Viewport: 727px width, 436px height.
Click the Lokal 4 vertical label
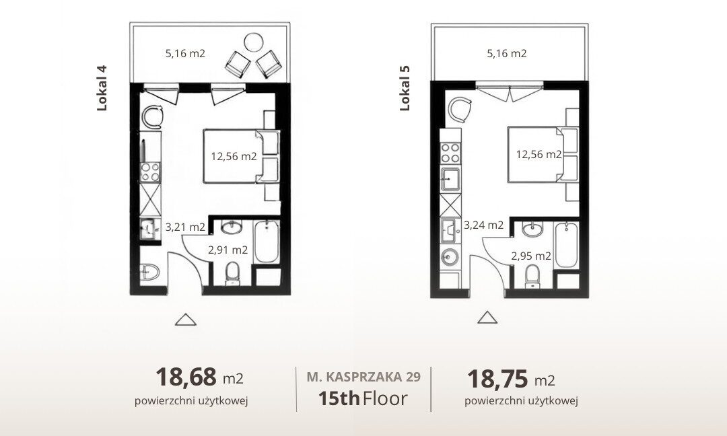(102, 88)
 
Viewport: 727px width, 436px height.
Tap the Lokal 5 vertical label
(405, 88)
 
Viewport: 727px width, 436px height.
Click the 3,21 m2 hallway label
(185, 227)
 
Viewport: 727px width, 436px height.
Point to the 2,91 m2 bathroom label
(228, 250)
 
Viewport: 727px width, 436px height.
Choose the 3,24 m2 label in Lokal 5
(483, 225)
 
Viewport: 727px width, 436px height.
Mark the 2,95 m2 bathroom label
(531, 256)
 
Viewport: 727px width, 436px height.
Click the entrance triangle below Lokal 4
(186, 320)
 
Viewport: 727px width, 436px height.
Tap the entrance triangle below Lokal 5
(487, 318)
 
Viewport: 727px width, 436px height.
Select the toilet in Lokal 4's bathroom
(232, 273)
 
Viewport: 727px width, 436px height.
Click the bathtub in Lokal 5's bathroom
(566, 245)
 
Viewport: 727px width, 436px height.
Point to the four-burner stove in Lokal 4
(150, 172)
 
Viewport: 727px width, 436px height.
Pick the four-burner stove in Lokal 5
(450, 153)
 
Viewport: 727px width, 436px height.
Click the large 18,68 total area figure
(186, 377)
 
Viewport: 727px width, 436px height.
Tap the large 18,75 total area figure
(497, 379)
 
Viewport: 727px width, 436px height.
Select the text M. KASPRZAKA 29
(363, 377)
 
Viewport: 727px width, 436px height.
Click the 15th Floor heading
(363, 398)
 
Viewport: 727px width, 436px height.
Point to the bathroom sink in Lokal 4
(231, 227)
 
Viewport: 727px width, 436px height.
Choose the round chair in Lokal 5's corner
(459, 110)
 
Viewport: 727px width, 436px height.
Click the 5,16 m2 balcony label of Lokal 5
(507, 53)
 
